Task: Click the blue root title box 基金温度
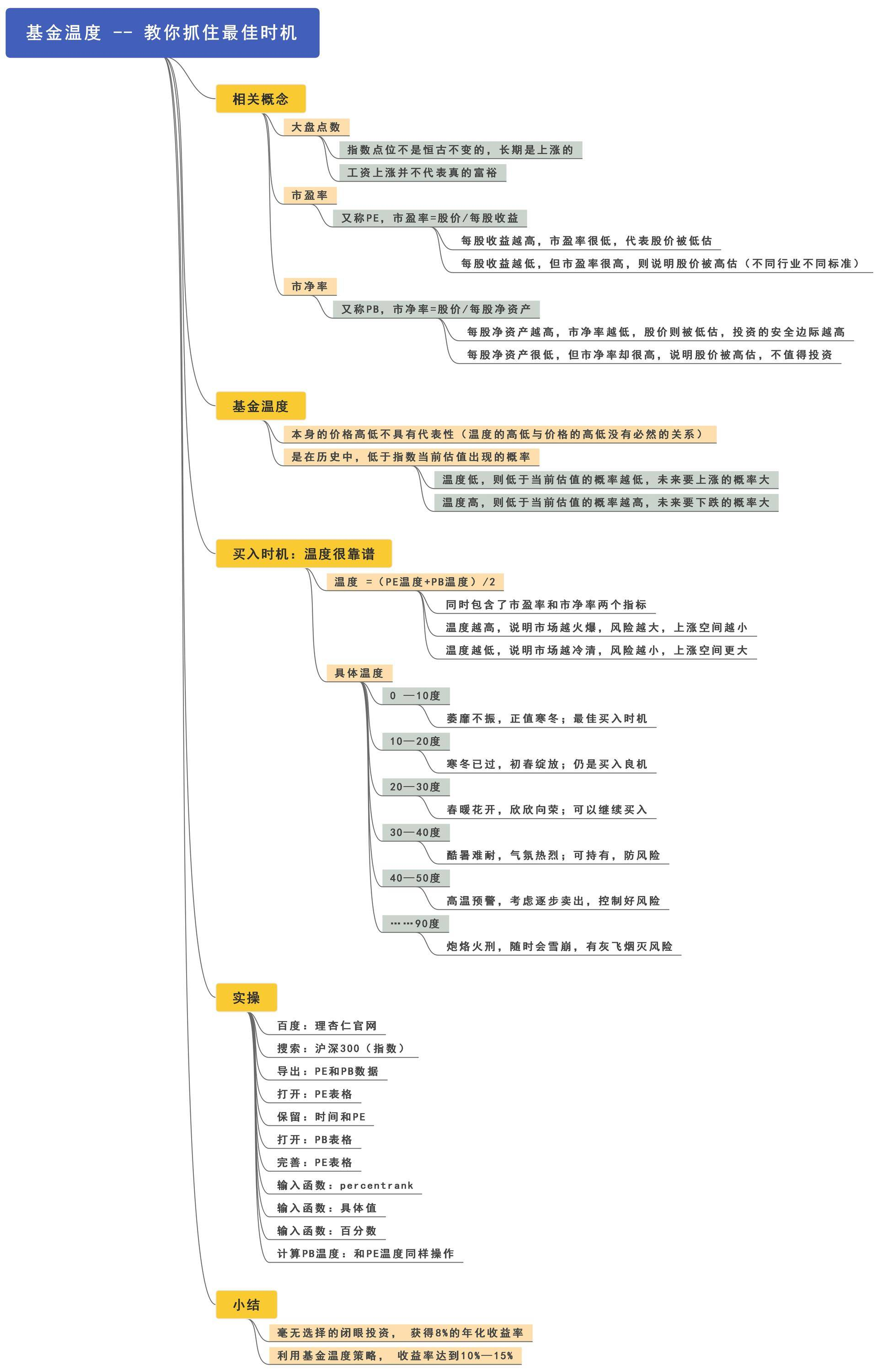162,32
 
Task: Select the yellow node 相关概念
261,99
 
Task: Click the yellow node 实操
246,997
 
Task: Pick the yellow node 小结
246,1305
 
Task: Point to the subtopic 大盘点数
316,127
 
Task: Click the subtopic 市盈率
310,196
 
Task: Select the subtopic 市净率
310,286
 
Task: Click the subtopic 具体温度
359,673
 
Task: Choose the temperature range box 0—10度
415,696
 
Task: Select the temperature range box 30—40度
415,832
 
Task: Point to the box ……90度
415,923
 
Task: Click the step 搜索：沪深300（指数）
341,1048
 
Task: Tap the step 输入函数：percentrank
345,1185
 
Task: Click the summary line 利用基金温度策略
395,1356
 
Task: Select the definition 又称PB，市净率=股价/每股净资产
436,309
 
